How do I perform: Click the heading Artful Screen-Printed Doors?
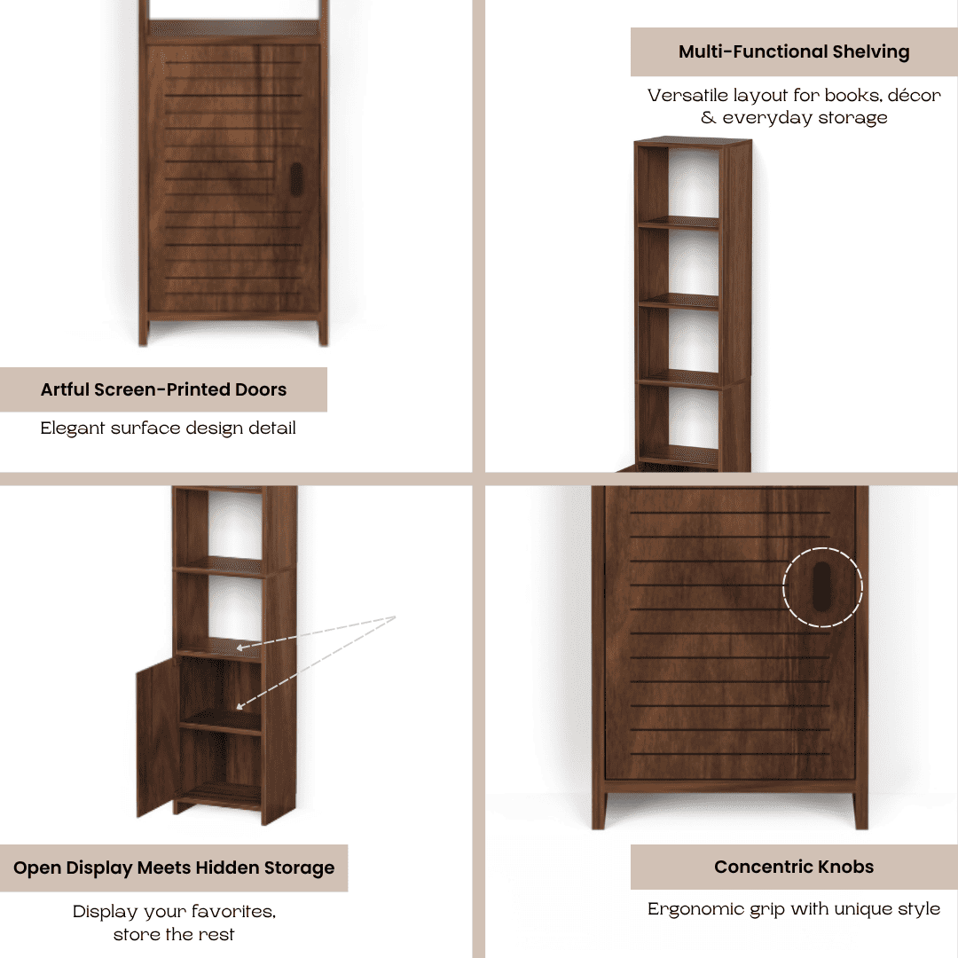[x=163, y=389]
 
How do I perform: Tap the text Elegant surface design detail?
[x=168, y=428]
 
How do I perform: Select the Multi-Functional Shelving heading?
[x=793, y=51]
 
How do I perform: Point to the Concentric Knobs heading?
[x=793, y=867]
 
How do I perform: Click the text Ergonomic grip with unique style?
[x=793, y=909]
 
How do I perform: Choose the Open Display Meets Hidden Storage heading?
[x=174, y=868]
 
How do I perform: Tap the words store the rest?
[x=174, y=934]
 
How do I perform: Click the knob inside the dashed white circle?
[x=822, y=586]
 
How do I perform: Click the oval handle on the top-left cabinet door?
[x=295, y=177]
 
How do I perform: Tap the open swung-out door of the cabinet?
[x=158, y=738]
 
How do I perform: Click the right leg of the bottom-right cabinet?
[x=860, y=809]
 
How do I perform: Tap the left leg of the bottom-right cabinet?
[x=600, y=809]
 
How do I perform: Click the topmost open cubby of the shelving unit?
[x=692, y=182]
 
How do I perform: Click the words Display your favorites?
[x=174, y=911]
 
